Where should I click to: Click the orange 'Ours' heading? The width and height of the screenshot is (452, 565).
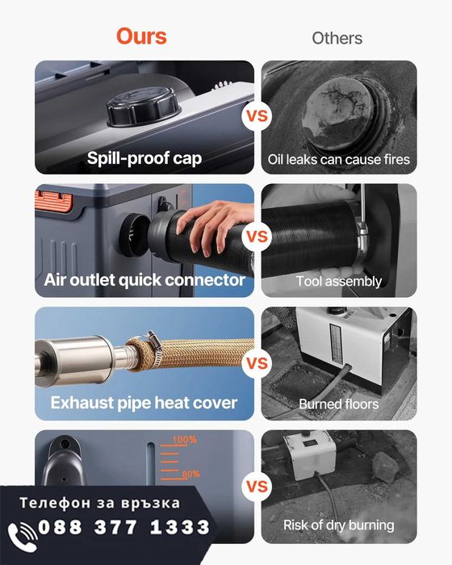[141, 36]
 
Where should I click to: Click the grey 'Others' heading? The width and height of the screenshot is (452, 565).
[337, 38]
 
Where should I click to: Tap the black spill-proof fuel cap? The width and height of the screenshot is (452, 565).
[142, 106]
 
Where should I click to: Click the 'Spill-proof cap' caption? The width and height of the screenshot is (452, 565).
[144, 158]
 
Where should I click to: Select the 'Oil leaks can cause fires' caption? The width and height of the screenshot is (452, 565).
[339, 159]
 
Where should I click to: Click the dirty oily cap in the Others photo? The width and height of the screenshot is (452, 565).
[338, 112]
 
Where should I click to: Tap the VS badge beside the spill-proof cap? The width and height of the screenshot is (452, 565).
[257, 116]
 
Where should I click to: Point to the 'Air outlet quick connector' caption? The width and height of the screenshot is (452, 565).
[144, 280]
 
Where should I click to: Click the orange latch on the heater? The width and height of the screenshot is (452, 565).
[54, 201]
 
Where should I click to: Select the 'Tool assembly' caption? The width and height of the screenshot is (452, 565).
[339, 281]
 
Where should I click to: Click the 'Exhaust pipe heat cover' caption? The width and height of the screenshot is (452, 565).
[144, 403]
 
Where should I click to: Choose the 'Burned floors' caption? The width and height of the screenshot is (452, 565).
[339, 404]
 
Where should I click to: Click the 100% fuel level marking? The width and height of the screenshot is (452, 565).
[184, 440]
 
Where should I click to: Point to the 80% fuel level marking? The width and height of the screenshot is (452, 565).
[190, 474]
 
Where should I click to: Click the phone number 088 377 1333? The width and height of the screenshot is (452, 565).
[123, 527]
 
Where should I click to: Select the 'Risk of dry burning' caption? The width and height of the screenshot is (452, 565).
[338, 525]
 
